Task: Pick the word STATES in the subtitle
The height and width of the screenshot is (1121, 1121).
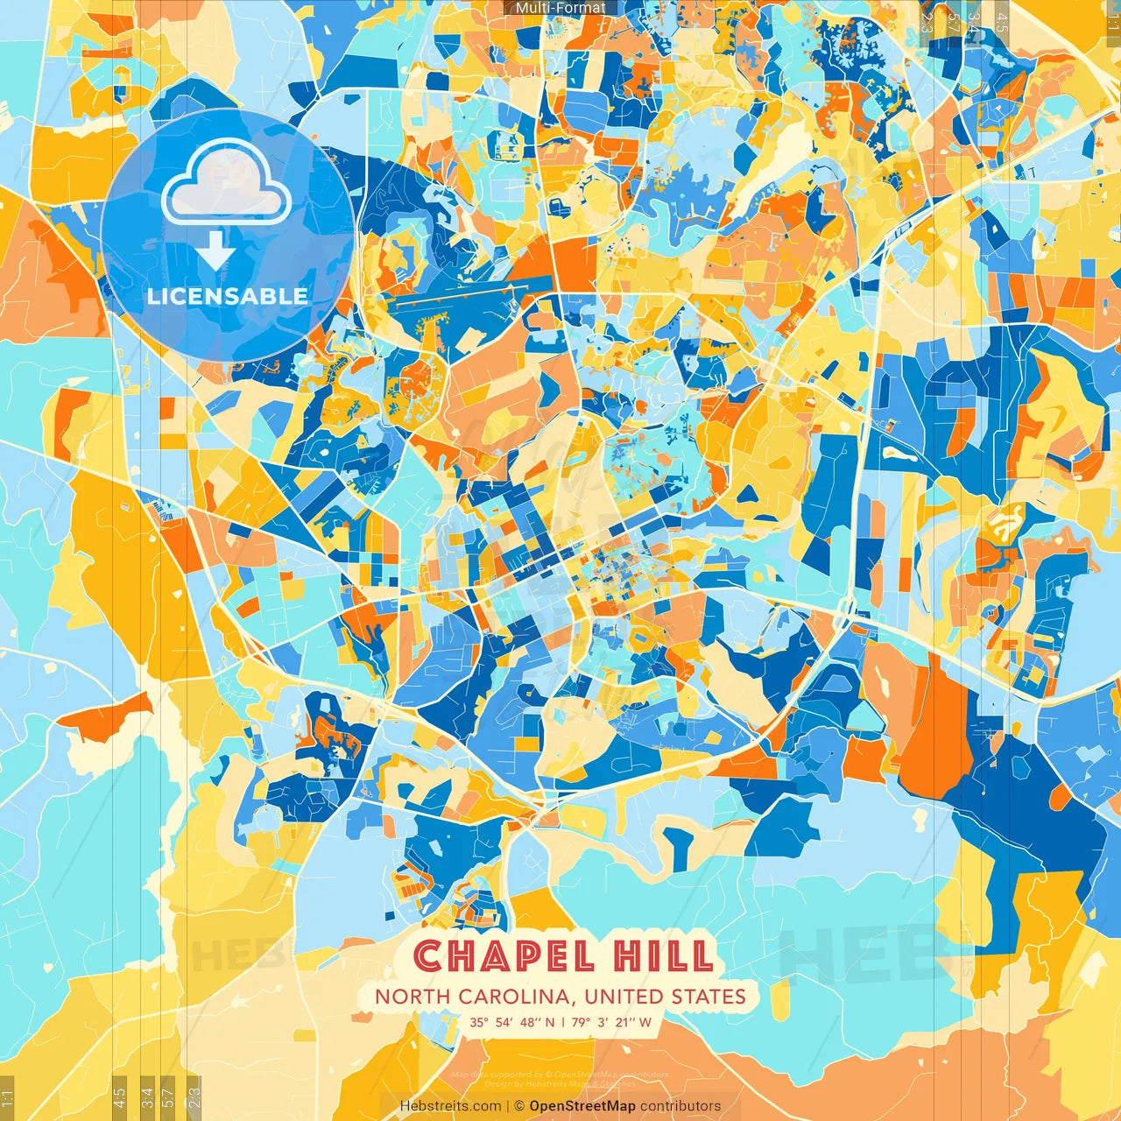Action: (x=709, y=997)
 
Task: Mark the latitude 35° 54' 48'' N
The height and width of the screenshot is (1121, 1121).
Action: (x=512, y=1022)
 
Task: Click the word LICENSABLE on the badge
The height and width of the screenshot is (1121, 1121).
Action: (x=228, y=296)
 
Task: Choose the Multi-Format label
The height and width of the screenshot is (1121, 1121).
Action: (x=560, y=8)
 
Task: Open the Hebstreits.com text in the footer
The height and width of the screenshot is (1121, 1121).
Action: (x=451, y=1106)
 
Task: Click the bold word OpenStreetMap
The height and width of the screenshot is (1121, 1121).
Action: (x=582, y=1106)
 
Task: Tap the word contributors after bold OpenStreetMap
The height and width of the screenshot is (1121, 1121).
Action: (x=680, y=1106)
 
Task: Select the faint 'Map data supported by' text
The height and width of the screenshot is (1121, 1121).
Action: (x=497, y=1075)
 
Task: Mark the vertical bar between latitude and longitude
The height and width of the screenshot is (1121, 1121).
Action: (x=562, y=1022)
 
